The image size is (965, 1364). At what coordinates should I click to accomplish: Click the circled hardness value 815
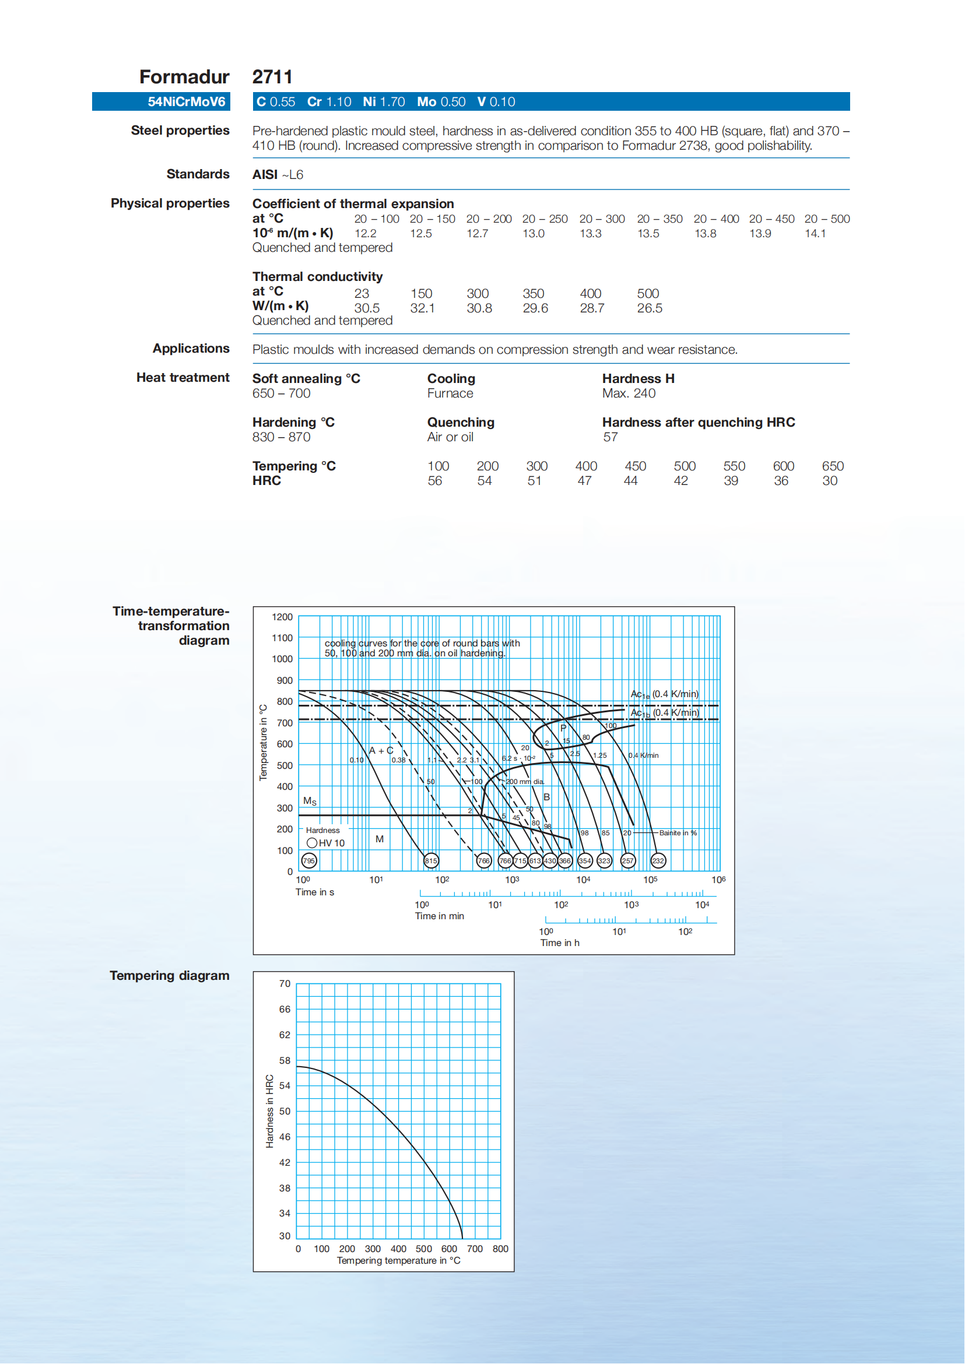[x=431, y=860]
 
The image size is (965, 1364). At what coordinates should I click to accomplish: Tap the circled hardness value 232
[x=658, y=860]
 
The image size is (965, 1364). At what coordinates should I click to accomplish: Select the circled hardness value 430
[x=550, y=860]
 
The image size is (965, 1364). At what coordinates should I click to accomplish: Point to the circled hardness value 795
[x=309, y=860]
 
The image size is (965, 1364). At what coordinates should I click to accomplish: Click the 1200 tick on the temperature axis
[x=282, y=617]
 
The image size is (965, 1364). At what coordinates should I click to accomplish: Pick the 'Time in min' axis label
[x=439, y=916]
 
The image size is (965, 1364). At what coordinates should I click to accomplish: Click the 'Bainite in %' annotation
[x=678, y=833]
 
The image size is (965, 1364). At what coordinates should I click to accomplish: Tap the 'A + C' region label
[x=381, y=750]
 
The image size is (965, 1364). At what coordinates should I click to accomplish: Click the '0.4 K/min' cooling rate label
[x=644, y=755]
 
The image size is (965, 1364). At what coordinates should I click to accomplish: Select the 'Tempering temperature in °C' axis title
[x=398, y=1261]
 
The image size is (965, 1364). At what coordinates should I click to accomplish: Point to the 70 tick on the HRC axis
[x=285, y=984]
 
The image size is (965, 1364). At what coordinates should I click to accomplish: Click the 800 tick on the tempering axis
[x=500, y=1249]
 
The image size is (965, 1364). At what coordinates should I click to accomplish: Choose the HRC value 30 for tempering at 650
[x=830, y=481]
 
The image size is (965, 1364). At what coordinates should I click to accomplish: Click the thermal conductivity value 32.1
[x=422, y=308]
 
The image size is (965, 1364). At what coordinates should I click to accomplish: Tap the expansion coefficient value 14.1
[x=815, y=234]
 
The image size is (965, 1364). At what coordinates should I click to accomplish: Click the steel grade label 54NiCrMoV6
[x=187, y=101]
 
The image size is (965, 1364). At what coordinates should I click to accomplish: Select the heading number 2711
[x=272, y=76]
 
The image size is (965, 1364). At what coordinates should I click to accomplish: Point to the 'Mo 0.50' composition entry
[x=441, y=101]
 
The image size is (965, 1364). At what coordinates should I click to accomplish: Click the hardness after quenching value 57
[x=610, y=437]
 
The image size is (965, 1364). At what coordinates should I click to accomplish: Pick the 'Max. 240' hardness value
[x=629, y=393]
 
